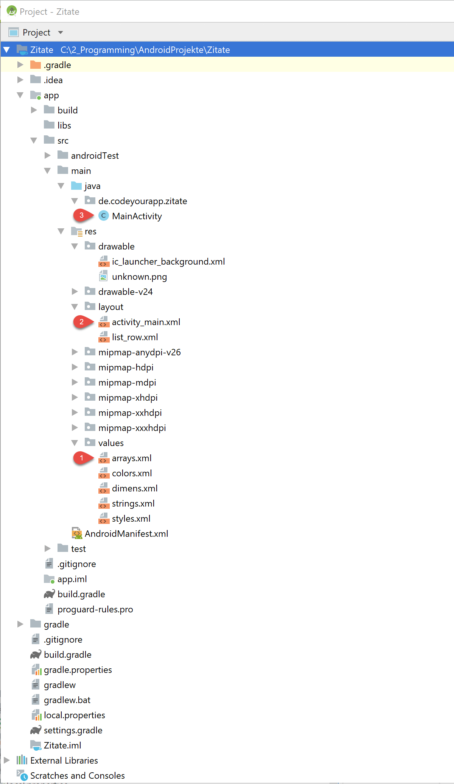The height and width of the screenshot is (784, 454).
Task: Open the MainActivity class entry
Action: pos(137,216)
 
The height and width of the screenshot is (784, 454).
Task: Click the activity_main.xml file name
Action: pos(146,322)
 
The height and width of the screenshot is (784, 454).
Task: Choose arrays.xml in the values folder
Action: pos(132,458)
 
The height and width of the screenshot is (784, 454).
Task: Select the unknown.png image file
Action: pos(139,277)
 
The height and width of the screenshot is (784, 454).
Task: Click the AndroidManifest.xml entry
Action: pos(126,534)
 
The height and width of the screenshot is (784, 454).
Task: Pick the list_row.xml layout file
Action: pos(135,337)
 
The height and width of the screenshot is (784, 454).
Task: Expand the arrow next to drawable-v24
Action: pos(75,291)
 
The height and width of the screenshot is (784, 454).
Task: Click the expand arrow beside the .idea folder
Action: pos(20,80)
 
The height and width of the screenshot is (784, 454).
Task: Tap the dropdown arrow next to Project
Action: pos(61,33)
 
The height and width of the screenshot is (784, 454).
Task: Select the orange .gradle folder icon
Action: pos(36,65)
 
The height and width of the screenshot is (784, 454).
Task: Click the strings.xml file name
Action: pos(133,504)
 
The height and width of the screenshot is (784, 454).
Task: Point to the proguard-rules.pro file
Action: pos(95,609)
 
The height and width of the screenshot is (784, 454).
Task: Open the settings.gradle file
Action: pos(73,730)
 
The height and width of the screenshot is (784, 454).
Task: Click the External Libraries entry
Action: pos(64,761)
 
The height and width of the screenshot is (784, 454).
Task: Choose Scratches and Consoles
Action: pos(77,776)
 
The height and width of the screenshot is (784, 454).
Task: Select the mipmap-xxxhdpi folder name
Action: pos(132,428)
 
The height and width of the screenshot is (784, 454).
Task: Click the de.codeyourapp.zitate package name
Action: pos(143,201)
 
